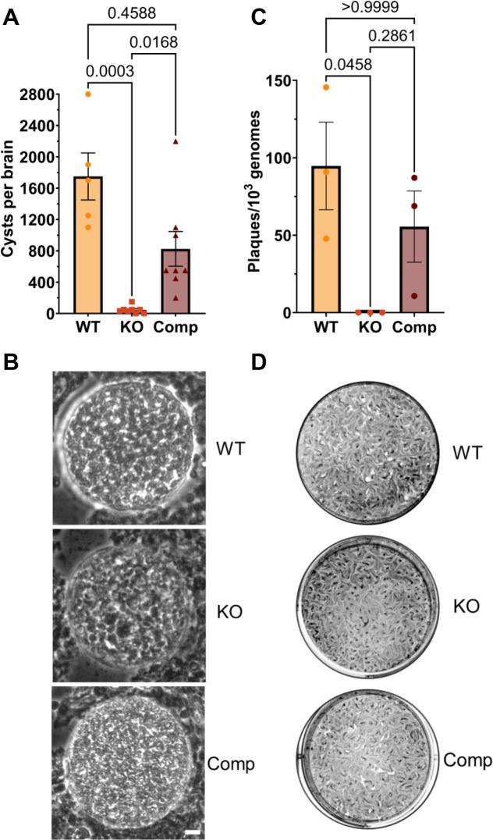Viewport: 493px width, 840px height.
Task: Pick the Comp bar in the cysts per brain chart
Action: click(176, 281)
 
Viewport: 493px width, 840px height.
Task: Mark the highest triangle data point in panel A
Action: click(176, 141)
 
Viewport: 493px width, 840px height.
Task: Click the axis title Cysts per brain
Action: click(10, 194)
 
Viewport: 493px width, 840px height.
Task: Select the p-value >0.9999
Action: click(366, 8)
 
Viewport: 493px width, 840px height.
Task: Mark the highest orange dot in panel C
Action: click(326, 87)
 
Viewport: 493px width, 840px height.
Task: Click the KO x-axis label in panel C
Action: click(370, 327)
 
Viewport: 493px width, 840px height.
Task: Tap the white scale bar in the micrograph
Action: click(193, 833)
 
